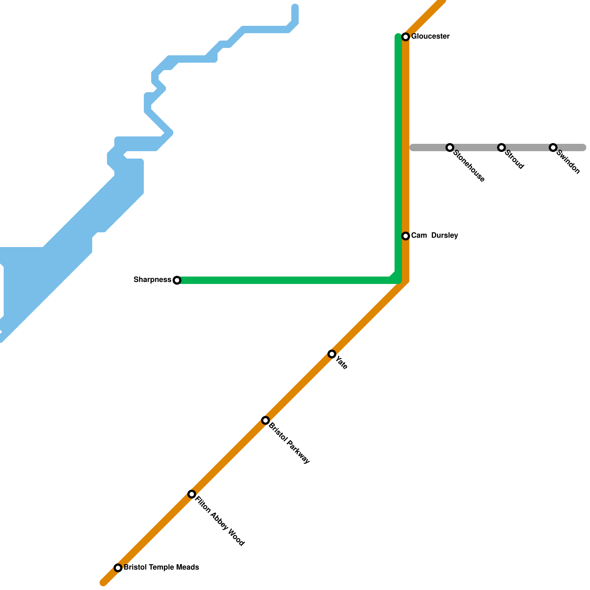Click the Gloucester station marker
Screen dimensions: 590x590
click(406, 37)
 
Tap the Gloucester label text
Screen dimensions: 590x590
click(430, 37)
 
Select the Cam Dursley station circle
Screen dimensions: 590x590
click(406, 236)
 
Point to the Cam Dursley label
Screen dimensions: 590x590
click(434, 236)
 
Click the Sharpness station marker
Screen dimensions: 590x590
click(177, 280)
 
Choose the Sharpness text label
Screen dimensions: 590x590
click(152, 280)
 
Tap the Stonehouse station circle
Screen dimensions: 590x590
click(450, 148)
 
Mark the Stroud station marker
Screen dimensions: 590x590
click(501, 148)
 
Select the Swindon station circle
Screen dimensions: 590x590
click(553, 148)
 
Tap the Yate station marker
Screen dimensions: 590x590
click(332, 354)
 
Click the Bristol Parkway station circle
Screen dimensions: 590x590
click(265, 420)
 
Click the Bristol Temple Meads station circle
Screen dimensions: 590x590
click(118, 568)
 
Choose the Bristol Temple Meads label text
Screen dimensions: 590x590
click(161, 568)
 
